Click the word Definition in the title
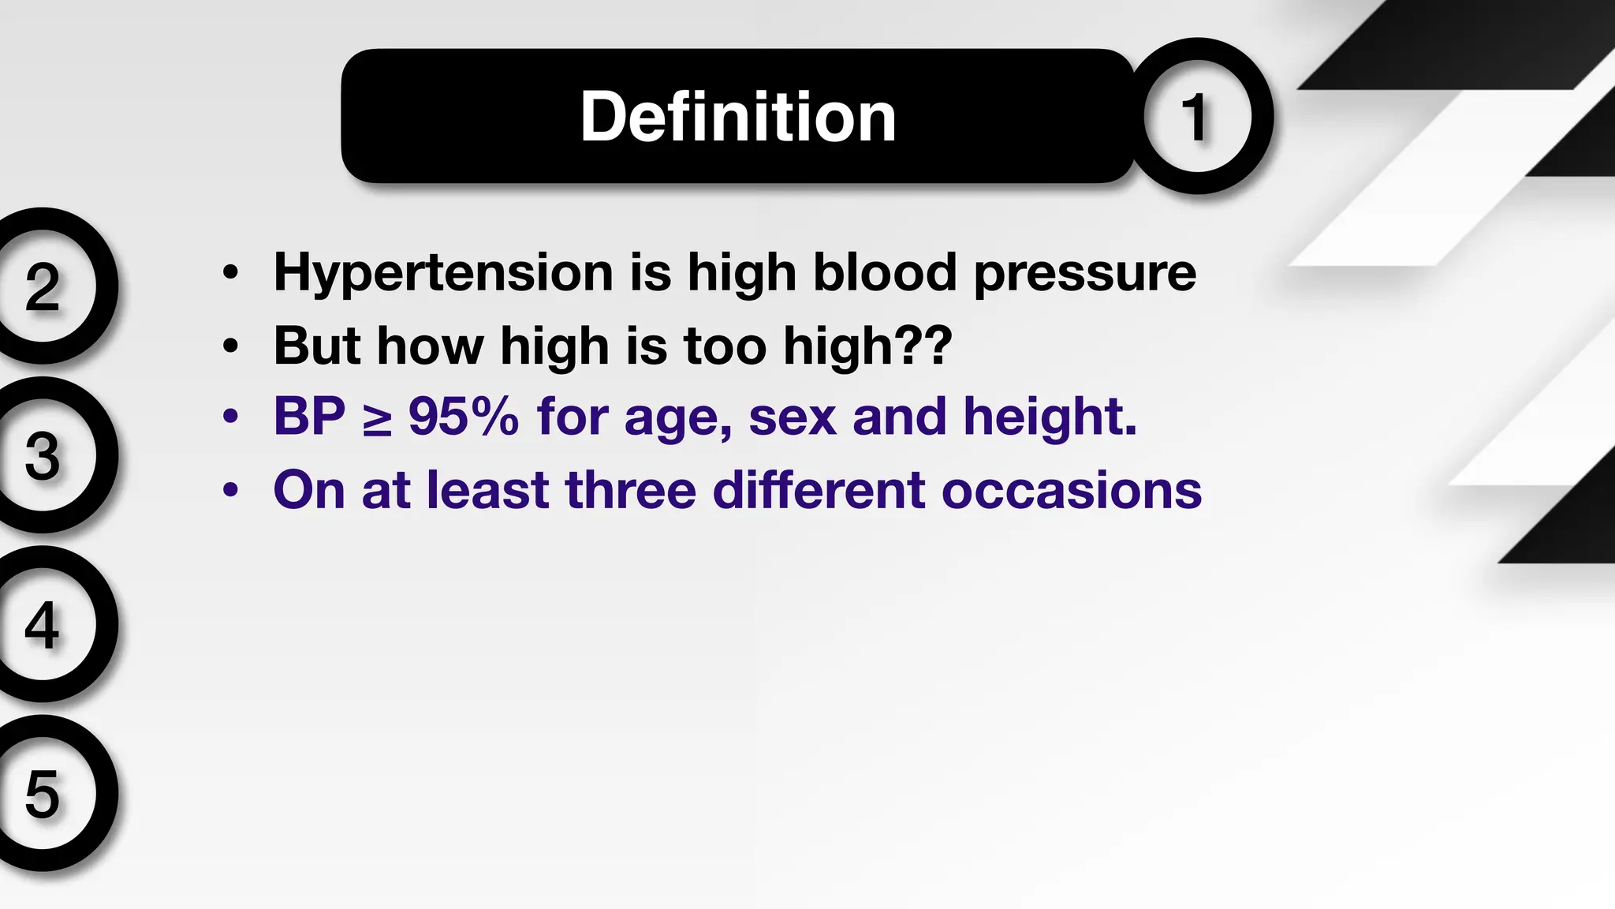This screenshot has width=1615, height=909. [x=738, y=117]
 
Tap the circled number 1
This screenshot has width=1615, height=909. [x=1196, y=117]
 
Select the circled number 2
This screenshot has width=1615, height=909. [x=43, y=286]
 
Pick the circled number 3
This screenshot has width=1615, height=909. [x=43, y=456]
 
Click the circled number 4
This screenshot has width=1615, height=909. [x=43, y=625]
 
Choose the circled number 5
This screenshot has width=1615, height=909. [x=43, y=794]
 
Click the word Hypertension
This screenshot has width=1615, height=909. [x=443, y=273]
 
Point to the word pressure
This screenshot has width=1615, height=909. [x=1085, y=273]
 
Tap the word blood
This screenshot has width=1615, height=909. [x=885, y=273]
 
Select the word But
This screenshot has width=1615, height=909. [x=318, y=346]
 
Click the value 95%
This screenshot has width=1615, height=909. [x=464, y=417]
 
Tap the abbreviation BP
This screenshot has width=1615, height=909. [x=309, y=417]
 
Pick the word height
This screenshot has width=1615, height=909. [x=1049, y=417]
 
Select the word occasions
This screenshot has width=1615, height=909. [x=1072, y=490]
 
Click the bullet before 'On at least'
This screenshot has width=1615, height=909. [x=230, y=490]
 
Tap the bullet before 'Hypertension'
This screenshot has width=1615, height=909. [x=230, y=273]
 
